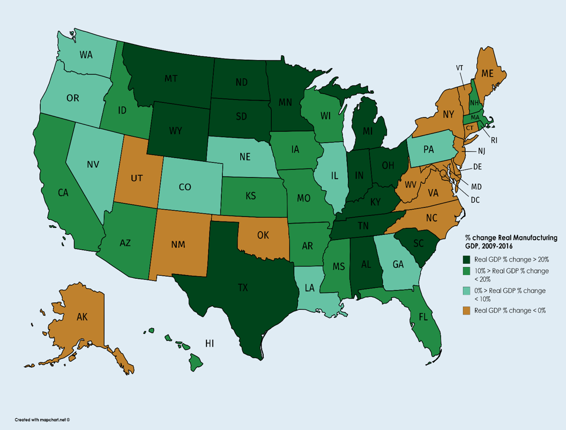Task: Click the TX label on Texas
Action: [x=243, y=287]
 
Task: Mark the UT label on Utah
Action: [x=137, y=177]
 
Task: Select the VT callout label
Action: [x=459, y=68]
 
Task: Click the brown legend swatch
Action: [x=467, y=310]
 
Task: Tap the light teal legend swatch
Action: [x=467, y=291]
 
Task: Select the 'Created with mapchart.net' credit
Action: [x=42, y=420]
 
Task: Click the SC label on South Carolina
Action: [x=418, y=243]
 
